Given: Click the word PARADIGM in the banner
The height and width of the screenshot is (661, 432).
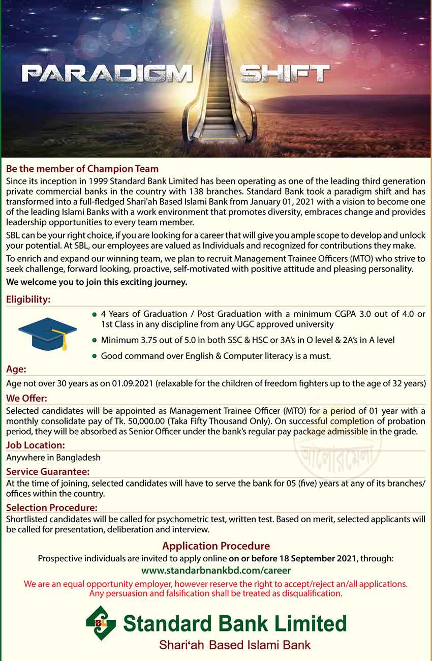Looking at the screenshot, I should coord(107,74).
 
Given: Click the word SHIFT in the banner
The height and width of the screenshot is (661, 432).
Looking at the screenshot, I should coord(285,74).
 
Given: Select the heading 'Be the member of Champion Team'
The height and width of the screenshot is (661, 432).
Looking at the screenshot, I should coord(82,169).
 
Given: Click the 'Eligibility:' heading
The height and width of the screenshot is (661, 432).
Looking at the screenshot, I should coord(28,300).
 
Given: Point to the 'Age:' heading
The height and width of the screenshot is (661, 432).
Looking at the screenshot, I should coord(16,370).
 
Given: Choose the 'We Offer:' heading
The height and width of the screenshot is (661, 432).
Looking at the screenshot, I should coord(26,398).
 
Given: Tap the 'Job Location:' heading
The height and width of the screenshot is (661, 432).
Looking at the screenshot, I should coord(36,445).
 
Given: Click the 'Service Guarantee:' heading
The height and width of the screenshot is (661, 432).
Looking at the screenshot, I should coord(48,471).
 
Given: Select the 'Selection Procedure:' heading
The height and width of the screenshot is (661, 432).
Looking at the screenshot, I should coord(52,507).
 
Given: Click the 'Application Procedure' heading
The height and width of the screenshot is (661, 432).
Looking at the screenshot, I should coord(216,546).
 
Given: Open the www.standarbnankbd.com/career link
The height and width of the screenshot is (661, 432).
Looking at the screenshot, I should coord(216,570).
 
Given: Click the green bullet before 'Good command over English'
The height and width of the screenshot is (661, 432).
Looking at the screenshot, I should coord(94,356).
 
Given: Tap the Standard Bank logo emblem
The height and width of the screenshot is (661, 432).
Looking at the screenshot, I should coord(101,623).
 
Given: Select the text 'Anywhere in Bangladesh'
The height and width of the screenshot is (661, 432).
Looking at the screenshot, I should coord(53,458).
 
